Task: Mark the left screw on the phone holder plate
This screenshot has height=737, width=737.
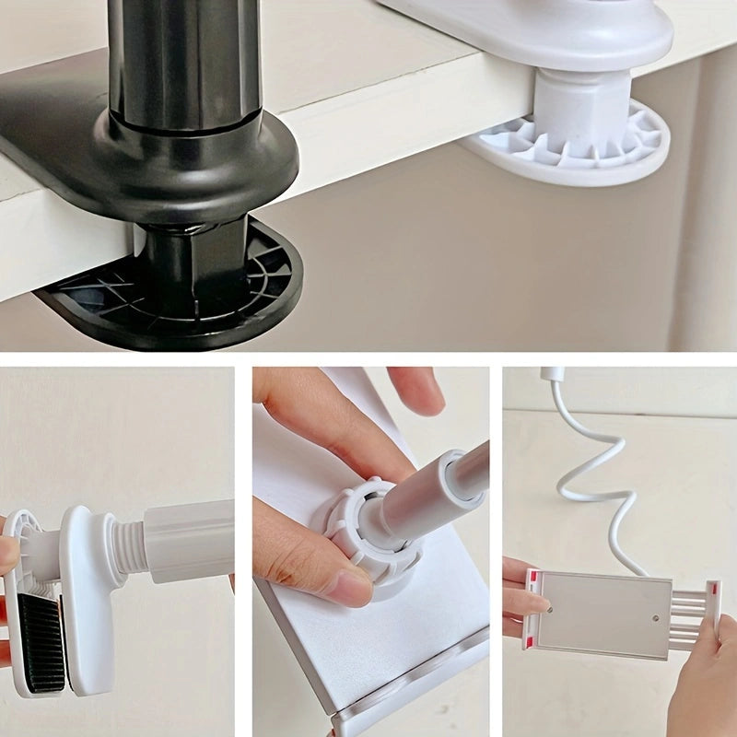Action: [550, 609]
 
